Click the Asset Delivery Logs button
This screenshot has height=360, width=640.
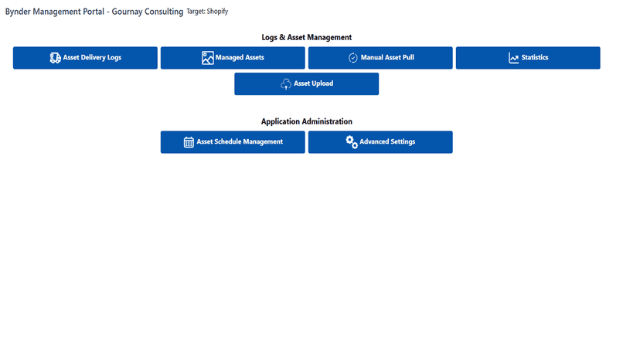[x=85, y=57]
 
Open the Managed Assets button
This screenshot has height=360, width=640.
[x=233, y=57]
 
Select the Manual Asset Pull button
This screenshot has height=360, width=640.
[x=380, y=57]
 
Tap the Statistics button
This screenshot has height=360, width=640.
[x=528, y=57]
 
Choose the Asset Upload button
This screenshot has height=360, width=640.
[x=307, y=83]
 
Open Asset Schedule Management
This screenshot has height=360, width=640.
[x=233, y=142]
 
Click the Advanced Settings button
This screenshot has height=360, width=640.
[x=380, y=142]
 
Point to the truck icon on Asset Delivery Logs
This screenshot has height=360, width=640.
[x=55, y=58]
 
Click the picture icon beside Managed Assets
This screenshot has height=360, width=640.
[x=207, y=58]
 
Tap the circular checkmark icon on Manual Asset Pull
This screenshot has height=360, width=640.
[x=353, y=58]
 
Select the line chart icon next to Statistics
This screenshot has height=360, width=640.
[x=513, y=58]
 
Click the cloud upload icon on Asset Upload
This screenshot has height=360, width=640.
[x=286, y=84]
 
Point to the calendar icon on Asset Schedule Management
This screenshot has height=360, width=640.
[x=189, y=142]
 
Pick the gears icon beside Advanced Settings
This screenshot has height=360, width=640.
[x=352, y=142]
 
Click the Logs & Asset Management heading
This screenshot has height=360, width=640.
[x=307, y=37]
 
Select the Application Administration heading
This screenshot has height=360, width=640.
[x=307, y=121]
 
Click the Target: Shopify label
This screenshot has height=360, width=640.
[x=207, y=12]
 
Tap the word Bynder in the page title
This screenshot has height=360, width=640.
[x=18, y=12]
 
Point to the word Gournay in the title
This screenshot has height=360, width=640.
[x=127, y=12]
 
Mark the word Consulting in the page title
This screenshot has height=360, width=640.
[x=164, y=12]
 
